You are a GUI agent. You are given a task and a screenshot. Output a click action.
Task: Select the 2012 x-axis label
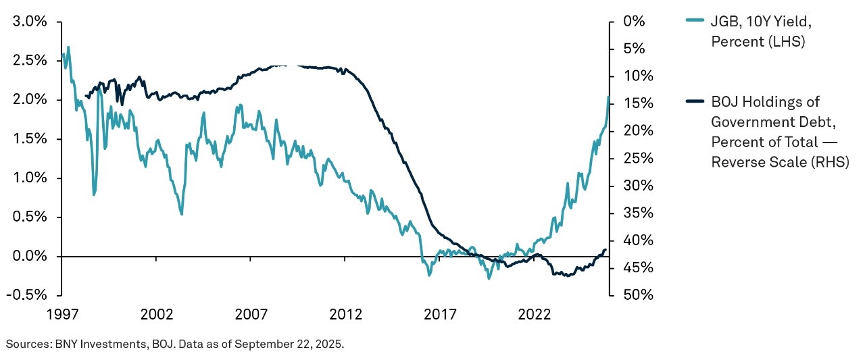point(345,315)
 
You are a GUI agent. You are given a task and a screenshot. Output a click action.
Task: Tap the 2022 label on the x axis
point(535,315)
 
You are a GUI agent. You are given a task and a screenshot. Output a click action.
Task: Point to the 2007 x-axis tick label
point(251,315)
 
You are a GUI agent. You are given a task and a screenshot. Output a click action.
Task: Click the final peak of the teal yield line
point(608,97)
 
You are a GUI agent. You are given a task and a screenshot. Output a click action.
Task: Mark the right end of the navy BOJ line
point(605,250)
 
